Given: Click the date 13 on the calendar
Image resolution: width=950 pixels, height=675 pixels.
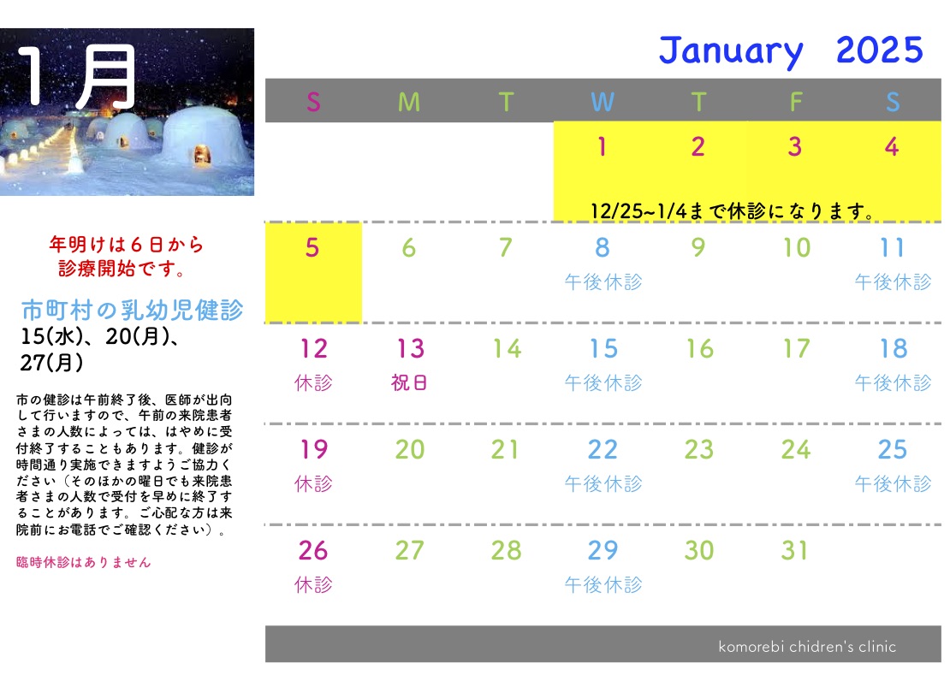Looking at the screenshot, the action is pos(410,349).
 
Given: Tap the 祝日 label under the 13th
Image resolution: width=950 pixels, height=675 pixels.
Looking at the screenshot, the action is pos(410,382).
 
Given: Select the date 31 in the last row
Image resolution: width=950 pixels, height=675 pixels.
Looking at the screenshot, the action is pos(794,550).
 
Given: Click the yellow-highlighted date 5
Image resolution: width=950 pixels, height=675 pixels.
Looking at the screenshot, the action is pos(312,247).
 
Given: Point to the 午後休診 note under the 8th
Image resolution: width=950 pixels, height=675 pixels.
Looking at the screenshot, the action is pos(603,281).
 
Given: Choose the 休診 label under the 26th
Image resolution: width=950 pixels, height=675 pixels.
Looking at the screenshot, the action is pos(313,584).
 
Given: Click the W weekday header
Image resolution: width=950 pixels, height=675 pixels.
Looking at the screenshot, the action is pos(603,102).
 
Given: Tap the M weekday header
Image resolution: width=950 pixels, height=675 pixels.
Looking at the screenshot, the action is pos(409,102).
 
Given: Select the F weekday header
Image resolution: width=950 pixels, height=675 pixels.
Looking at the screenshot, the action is pos(796,102).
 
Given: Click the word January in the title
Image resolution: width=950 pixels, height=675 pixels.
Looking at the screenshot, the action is pos(731,50).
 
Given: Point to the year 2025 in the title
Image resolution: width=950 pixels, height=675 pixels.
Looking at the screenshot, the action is pos(879,50).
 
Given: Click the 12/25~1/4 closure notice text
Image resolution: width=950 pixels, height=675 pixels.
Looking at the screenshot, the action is pos(733,211).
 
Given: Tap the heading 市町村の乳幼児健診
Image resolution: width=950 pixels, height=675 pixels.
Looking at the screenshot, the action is pos(132,310).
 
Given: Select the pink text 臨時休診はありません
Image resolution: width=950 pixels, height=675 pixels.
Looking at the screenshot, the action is pos(84,562).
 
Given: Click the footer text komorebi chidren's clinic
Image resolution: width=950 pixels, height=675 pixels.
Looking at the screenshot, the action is pos(807,647).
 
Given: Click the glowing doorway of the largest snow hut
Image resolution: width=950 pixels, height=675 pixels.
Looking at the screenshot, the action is pos(202,155).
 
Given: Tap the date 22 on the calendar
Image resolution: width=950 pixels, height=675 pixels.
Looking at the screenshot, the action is pos(603,450).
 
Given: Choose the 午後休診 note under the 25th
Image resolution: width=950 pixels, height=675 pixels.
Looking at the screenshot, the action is pos(893,483).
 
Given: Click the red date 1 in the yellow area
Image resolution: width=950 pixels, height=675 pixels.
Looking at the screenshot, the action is pos(602,146).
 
